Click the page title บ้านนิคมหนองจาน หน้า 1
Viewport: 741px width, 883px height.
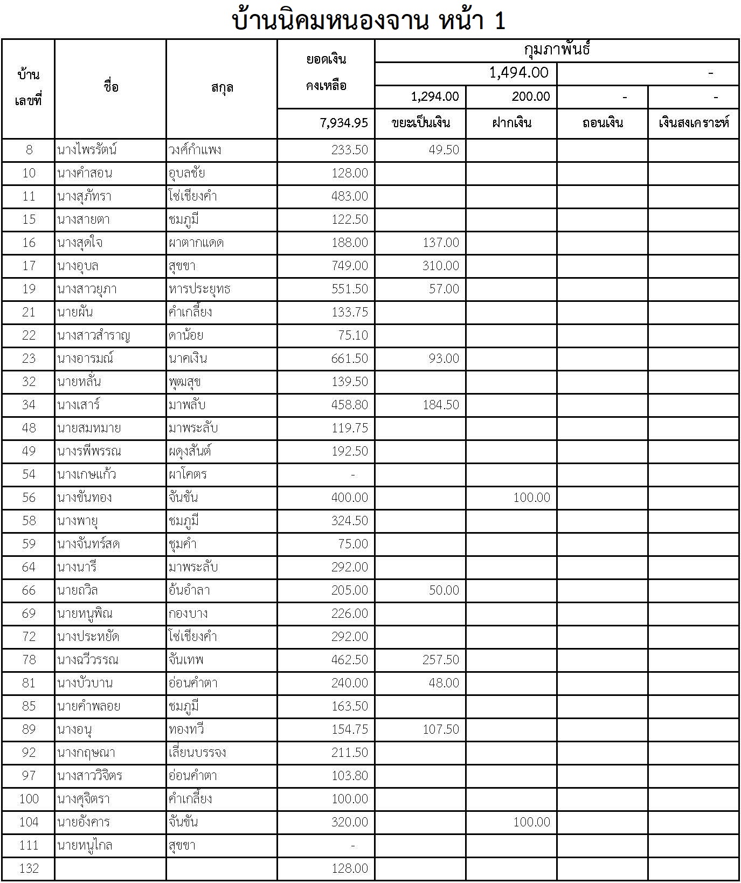pos(369,20)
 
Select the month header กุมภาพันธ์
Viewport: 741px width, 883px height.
pos(557,50)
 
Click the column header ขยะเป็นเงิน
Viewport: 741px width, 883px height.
pos(421,123)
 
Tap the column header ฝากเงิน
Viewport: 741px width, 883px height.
pos(511,123)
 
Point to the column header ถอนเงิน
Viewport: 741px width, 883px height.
pos(603,123)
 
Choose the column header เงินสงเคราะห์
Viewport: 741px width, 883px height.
pos(694,123)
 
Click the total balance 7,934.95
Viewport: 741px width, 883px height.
pos(343,123)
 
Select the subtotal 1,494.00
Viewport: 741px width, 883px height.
pos(518,73)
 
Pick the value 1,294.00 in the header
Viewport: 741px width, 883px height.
pos(434,96)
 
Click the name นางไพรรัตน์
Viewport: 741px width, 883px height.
pos(87,150)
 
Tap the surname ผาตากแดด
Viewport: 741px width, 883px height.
pos(196,243)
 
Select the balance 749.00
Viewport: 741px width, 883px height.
pos(350,266)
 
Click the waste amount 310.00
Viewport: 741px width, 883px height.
pos(441,266)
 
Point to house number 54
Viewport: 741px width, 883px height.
pos(29,474)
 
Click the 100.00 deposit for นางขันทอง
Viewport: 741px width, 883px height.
pos(531,498)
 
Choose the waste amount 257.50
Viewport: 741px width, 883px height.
pos(441,660)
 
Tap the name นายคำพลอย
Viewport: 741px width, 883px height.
pos(89,706)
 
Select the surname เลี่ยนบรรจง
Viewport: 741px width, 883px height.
pos(197,753)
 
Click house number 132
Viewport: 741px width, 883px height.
pos(29,868)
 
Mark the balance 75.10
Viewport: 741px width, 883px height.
pos(353,335)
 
